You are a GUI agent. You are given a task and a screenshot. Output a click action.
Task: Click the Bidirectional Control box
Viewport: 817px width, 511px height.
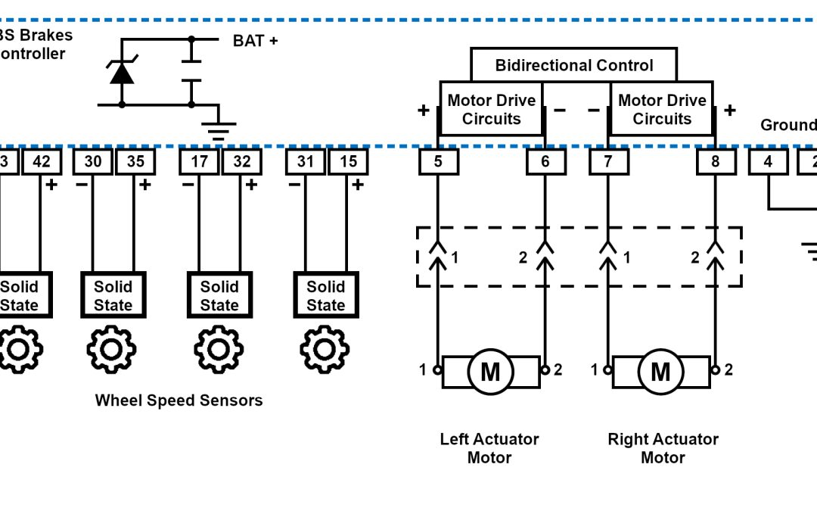click(573, 65)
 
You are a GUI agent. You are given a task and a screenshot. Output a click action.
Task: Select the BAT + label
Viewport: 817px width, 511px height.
click(255, 40)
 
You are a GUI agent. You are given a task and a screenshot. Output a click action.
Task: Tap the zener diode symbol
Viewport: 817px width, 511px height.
click(122, 73)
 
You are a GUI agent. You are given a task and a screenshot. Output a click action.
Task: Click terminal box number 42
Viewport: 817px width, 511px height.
click(42, 161)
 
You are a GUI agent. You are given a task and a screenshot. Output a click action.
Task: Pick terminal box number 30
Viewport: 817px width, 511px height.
click(92, 161)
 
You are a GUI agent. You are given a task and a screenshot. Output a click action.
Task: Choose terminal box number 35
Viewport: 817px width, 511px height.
click(135, 161)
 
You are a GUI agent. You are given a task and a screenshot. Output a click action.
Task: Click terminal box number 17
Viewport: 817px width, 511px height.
click(199, 161)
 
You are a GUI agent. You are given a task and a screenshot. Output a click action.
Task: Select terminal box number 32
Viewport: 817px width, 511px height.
click(241, 161)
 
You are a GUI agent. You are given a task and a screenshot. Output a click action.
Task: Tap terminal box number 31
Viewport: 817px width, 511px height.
click(306, 161)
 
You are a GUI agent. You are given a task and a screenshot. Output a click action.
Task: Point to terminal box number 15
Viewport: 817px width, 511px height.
click(348, 161)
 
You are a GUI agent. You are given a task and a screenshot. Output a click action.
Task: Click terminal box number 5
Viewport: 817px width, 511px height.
click(438, 161)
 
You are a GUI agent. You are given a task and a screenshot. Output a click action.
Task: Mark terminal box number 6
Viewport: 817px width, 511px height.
click(545, 161)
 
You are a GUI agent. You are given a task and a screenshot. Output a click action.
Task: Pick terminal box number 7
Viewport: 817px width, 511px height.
click(608, 161)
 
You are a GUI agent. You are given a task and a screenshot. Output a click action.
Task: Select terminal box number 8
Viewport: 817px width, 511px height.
click(715, 161)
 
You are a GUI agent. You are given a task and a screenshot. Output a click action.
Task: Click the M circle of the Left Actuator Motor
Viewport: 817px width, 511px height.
click(490, 372)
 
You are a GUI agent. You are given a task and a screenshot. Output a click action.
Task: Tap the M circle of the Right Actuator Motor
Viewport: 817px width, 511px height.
click(660, 372)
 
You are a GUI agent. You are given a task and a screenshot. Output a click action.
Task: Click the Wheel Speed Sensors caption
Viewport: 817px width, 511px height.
click(179, 400)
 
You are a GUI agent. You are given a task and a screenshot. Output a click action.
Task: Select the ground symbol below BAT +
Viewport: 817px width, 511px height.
click(219, 131)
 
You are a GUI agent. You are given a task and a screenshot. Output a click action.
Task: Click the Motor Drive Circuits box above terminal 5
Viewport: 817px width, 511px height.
click(491, 110)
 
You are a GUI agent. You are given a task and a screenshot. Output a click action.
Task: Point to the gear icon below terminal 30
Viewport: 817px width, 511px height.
click(111, 349)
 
